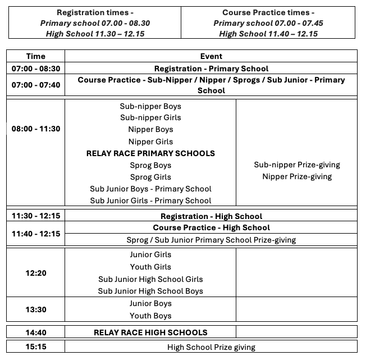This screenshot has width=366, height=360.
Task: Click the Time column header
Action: [x=36, y=56]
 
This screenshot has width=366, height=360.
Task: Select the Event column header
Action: [x=211, y=56]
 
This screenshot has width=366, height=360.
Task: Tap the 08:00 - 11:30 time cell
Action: [x=36, y=129]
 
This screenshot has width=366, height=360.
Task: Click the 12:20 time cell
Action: [x=36, y=274]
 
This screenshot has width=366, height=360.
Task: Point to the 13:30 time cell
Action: [x=36, y=309]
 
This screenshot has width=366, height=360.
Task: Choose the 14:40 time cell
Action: [x=36, y=332]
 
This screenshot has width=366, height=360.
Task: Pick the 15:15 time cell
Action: [x=36, y=347]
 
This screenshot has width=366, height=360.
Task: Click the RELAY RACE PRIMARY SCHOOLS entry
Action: [x=150, y=153]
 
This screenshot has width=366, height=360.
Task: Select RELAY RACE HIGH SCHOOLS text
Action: [x=150, y=332]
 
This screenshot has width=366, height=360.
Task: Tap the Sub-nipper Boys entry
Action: [x=150, y=106]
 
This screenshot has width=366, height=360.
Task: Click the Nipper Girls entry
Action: [x=150, y=142]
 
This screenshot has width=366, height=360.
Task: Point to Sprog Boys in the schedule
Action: [x=150, y=166]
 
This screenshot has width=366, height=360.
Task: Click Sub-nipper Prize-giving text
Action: [x=297, y=165]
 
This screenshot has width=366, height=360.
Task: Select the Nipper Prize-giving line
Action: [x=297, y=177]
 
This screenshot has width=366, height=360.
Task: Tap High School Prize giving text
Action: [x=211, y=347]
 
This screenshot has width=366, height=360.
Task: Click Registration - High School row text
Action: [x=211, y=216]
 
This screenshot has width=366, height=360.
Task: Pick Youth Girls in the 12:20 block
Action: [x=150, y=267]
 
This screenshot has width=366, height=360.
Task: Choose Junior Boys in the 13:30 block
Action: [x=150, y=304]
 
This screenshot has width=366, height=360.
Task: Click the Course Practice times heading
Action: [x=268, y=13]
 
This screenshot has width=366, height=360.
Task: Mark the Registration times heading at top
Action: [x=95, y=13]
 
